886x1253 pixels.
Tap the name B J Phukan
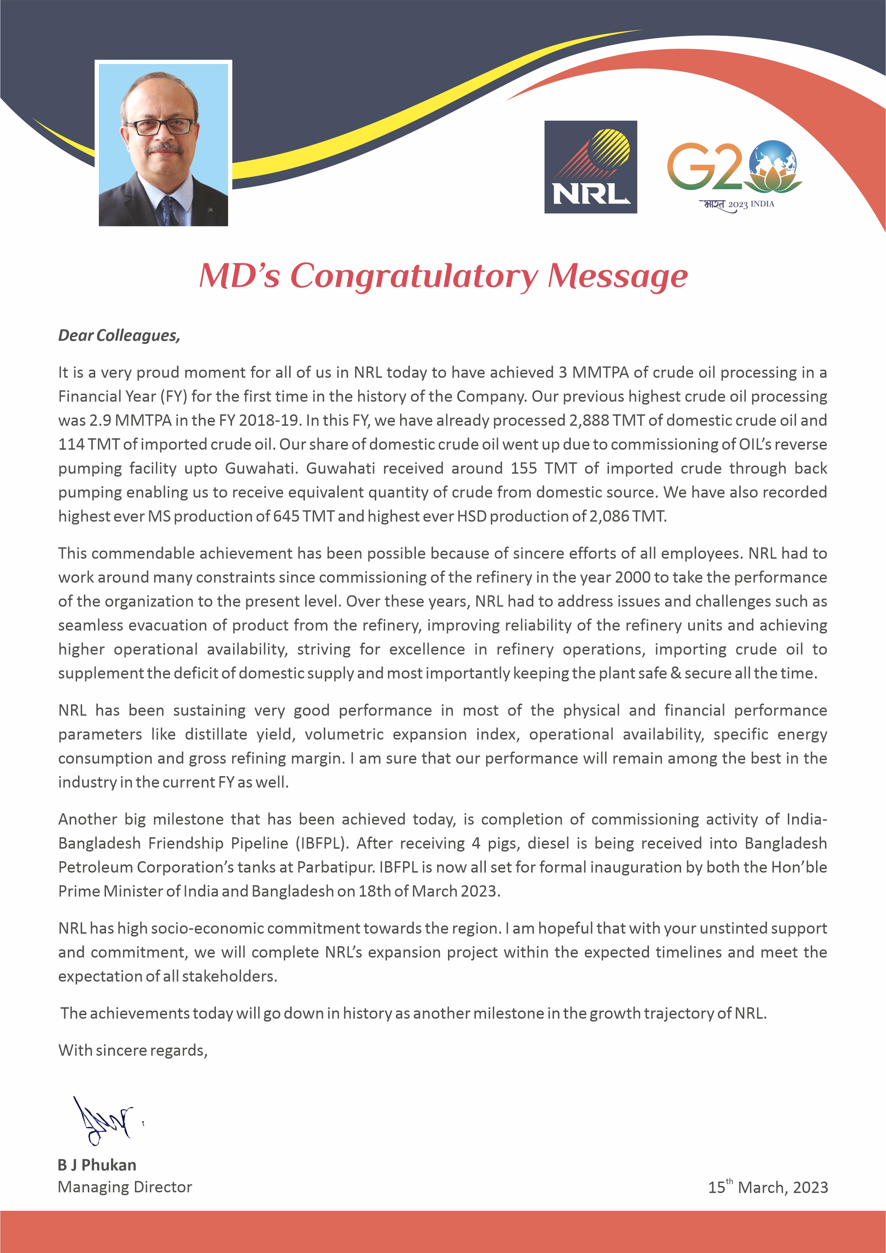(97, 1165)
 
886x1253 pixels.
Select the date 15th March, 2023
(767, 1187)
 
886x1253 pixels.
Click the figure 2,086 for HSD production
(609, 516)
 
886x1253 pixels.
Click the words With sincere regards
(133, 1050)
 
